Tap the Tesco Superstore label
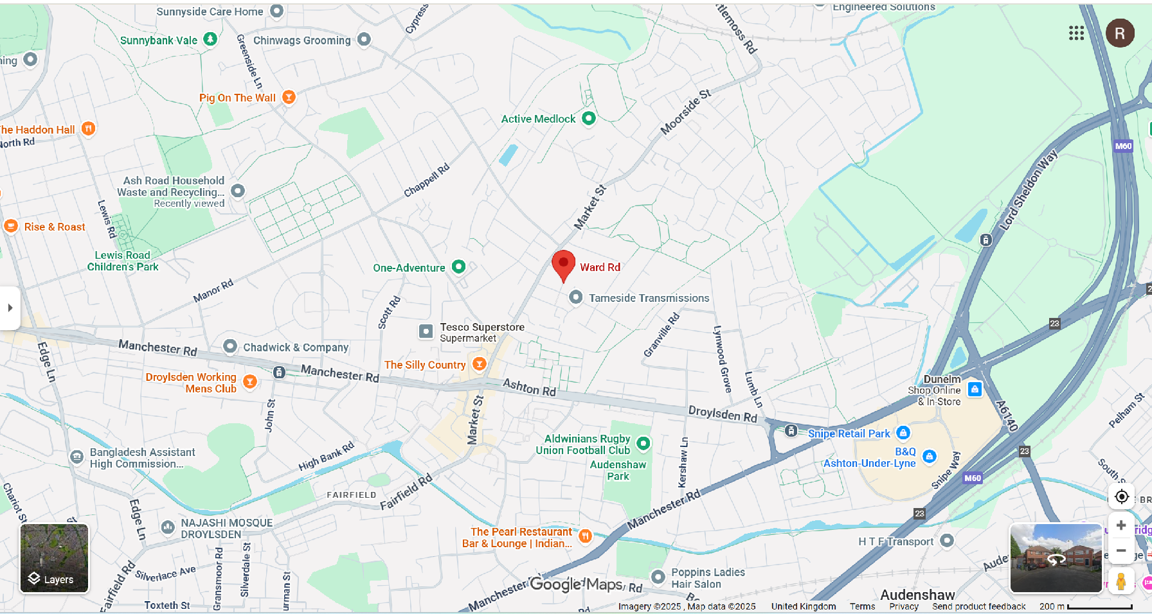(x=482, y=328)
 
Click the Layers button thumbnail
(x=54, y=558)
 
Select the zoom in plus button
(x=1120, y=525)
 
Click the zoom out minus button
(x=1120, y=551)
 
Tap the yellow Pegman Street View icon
(x=1120, y=581)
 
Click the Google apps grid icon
(x=1076, y=33)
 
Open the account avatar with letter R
(x=1119, y=33)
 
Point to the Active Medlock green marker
(x=588, y=118)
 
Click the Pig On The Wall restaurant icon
(x=289, y=97)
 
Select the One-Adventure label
(x=409, y=268)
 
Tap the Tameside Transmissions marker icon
(x=576, y=297)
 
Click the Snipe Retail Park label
(x=849, y=434)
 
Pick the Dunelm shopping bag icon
(x=975, y=389)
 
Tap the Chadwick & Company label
(x=296, y=347)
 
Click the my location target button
(x=1121, y=496)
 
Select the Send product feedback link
(x=978, y=606)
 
